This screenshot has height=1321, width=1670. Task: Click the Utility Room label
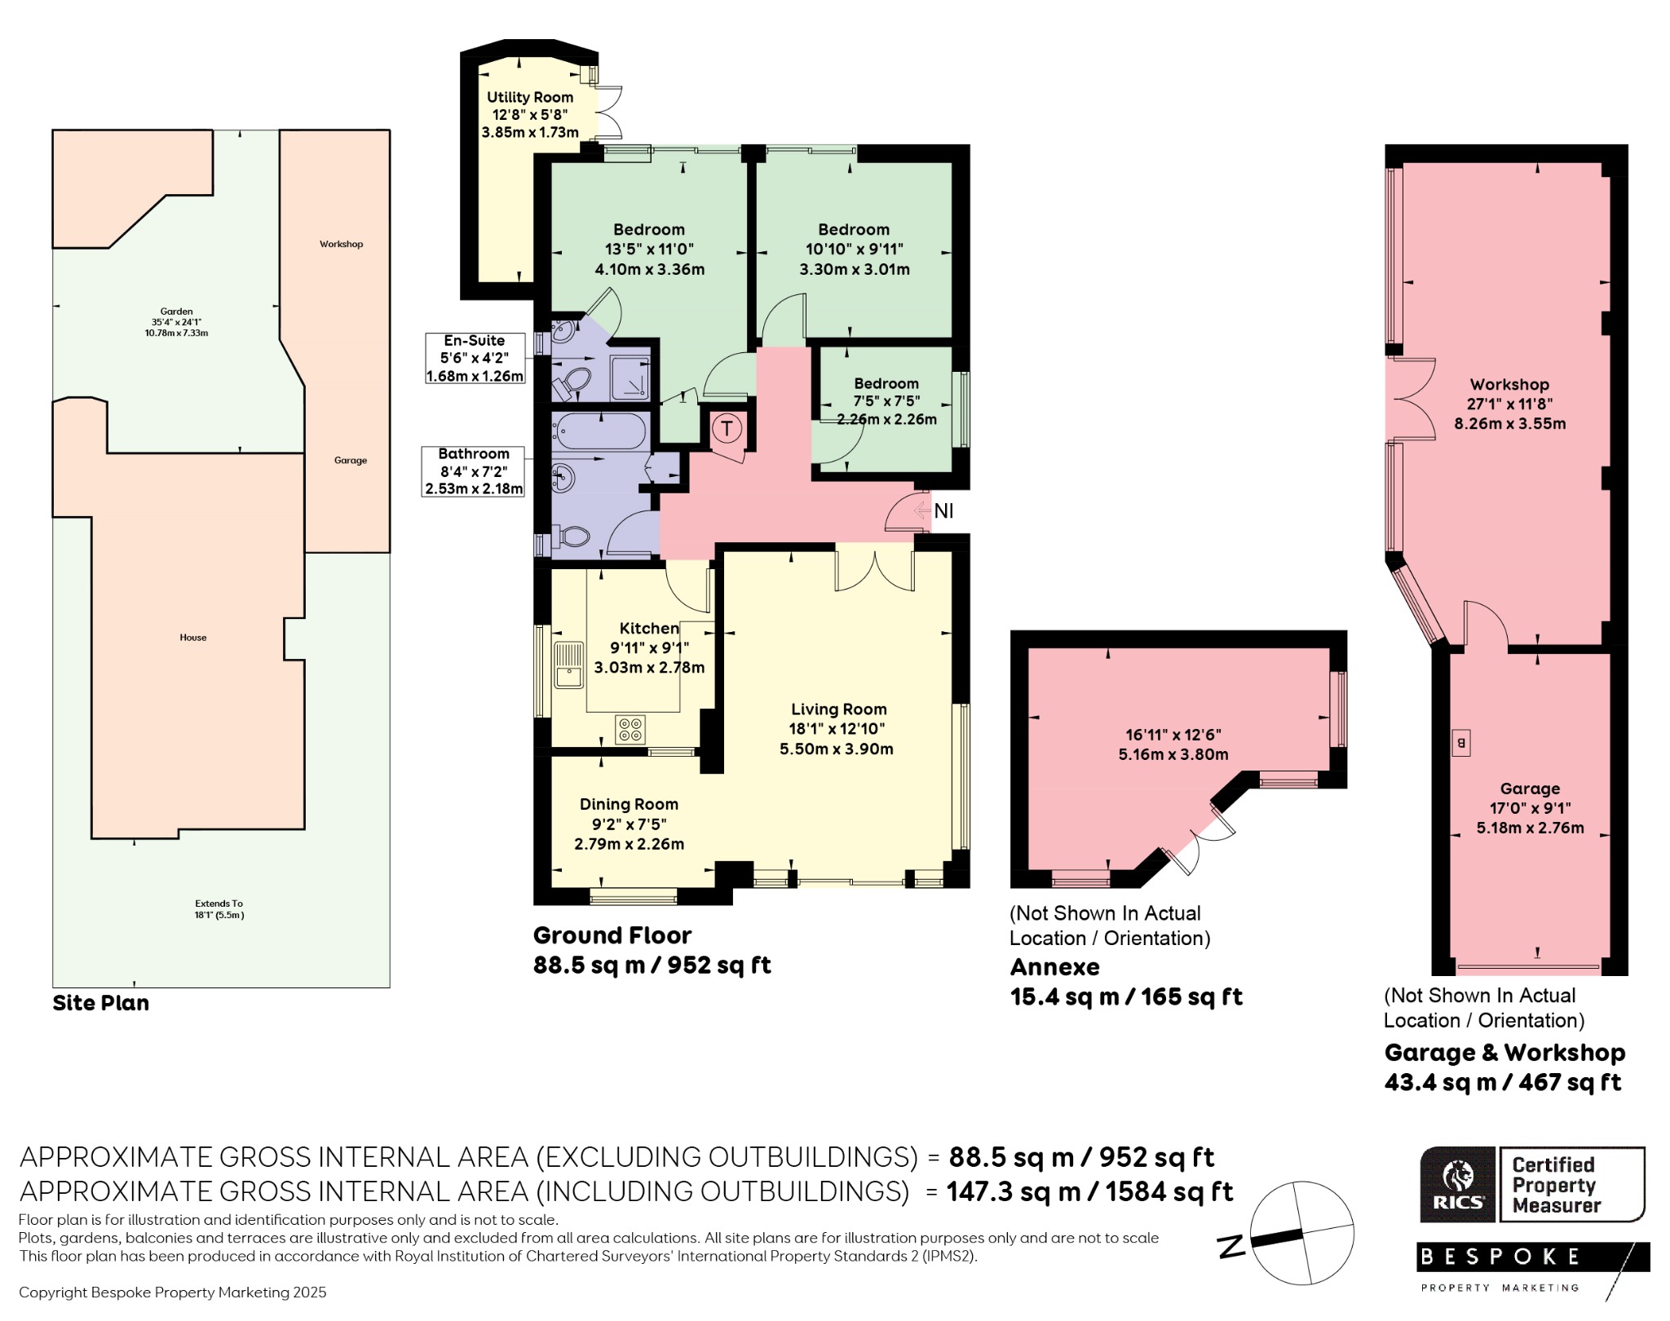click(530, 97)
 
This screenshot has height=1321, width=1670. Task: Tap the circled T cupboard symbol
click(727, 427)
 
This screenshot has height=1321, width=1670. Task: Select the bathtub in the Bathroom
click(600, 431)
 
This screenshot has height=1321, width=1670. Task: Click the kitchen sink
click(568, 665)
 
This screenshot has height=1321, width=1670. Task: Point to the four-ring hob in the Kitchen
click(630, 729)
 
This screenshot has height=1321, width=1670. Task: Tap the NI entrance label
click(943, 511)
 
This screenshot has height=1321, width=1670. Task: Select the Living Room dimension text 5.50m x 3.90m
click(837, 749)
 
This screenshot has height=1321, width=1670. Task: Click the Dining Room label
click(629, 804)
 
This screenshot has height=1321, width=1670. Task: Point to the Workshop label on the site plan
click(341, 244)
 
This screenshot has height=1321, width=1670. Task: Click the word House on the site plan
click(193, 638)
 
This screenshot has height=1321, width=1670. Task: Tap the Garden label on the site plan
click(176, 311)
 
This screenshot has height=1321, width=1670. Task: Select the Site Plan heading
click(101, 1003)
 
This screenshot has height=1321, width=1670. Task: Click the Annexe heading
click(1055, 967)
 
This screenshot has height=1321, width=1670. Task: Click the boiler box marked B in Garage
click(1460, 743)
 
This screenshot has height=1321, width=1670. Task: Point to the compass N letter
click(1231, 1246)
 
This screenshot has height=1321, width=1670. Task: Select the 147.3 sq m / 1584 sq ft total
click(1090, 1192)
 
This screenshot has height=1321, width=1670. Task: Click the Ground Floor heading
click(612, 935)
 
